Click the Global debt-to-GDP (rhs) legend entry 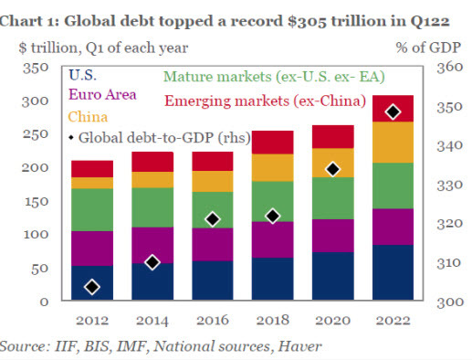point(155,139)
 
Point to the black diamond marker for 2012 point(92,287)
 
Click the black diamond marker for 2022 point(393,111)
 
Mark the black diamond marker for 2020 point(333,169)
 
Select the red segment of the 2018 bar point(273,142)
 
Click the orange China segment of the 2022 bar point(393,142)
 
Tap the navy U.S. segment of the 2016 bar point(213,281)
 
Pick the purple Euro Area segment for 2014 point(152,245)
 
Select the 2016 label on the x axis point(213,320)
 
